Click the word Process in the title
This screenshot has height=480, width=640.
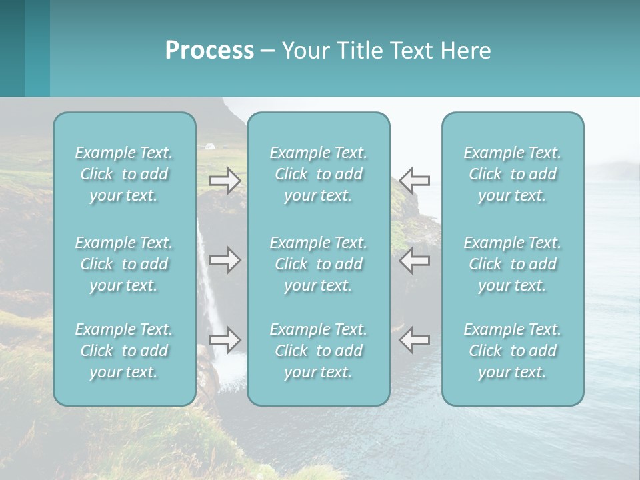click(x=209, y=51)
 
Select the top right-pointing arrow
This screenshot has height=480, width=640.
click(x=225, y=181)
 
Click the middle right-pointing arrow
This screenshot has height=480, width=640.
click(x=225, y=260)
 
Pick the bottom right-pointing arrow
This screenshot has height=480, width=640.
click(x=225, y=340)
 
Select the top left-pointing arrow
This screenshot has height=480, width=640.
click(x=415, y=181)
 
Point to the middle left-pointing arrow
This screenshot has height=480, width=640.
click(x=415, y=260)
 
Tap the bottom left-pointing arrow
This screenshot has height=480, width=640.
click(x=415, y=340)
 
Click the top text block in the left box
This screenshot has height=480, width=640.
click(x=124, y=174)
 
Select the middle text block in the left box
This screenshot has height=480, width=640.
click(x=124, y=264)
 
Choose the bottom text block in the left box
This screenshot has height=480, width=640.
click(x=124, y=351)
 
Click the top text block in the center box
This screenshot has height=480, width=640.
click(x=319, y=174)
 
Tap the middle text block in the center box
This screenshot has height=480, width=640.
click(x=319, y=264)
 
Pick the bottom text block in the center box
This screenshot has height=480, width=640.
click(x=319, y=351)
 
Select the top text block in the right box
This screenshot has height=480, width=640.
click(x=513, y=174)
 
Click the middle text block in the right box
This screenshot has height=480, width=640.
click(x=513, y=264)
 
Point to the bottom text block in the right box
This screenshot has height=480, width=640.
click(x=513, y=351)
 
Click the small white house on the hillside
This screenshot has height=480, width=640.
click(x=210, y=145)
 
